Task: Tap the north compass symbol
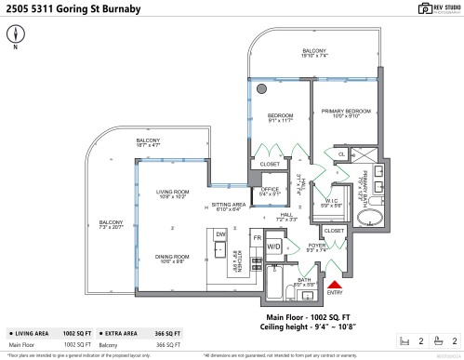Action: (16, 34)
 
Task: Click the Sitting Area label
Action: (228, 206)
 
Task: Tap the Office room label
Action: (271, 192)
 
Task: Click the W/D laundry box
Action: (273, 247)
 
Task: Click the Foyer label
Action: (316, 247)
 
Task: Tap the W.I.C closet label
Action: (332, 202)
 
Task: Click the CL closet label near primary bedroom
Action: (341, 154)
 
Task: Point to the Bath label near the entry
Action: (304, 280)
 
